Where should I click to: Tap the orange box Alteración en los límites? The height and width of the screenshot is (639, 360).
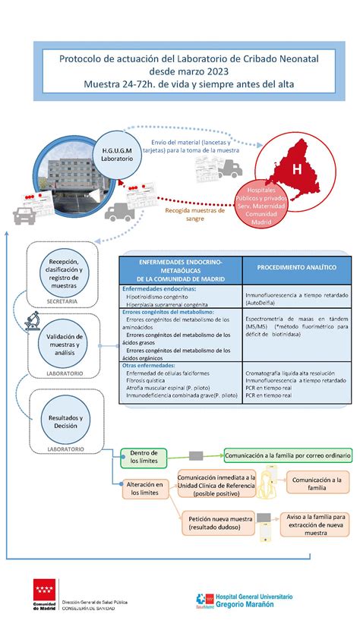click(145, 488)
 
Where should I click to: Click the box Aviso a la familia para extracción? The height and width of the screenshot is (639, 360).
click(315, 524)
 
